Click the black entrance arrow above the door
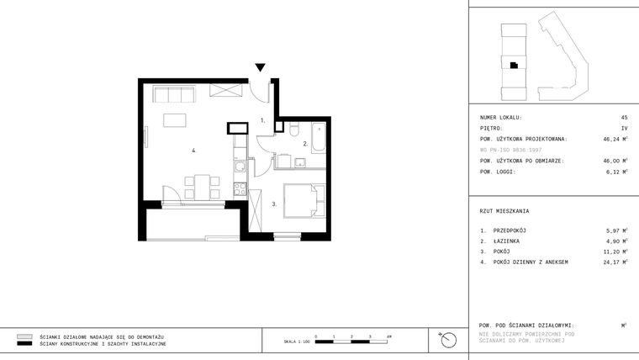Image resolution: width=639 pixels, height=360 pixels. pos(261,68)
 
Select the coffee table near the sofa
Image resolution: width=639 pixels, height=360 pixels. pos(175,119)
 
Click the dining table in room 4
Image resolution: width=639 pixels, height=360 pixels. pos(203,185)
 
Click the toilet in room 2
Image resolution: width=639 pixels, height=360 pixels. pos(293,130)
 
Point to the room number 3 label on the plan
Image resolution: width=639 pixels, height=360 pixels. pos(274,204)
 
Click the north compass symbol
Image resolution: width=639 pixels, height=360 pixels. pos(449,340)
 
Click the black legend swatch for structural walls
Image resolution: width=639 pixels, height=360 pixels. pos(24,345)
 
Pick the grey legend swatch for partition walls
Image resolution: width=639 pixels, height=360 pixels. pos(24,336)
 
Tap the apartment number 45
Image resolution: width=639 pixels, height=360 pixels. pos(624,118)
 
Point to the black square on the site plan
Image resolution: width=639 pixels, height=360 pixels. pos(511,65)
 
